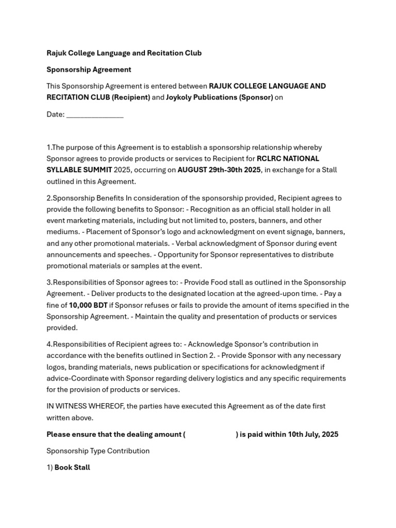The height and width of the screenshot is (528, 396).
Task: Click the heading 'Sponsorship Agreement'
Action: click(x=89, y=70)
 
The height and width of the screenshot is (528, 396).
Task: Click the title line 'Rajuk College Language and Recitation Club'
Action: click(x=124, y=53)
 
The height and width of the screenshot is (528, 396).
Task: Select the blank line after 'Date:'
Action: click(x=95, y=115)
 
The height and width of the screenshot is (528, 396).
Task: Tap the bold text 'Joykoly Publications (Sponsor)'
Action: click(x=219, y=97)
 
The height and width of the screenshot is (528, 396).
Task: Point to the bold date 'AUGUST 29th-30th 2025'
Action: click(x=219, y=170)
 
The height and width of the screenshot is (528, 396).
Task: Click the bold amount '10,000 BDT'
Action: click(x=88, y=305)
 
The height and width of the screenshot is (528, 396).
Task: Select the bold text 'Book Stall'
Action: click(x=72, y=468)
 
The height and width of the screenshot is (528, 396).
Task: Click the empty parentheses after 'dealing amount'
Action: click(x=210, y=435)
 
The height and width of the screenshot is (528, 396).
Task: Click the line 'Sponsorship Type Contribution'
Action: click(x=98, y=451)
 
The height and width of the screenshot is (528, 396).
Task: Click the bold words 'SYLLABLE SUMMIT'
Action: click(x=79, y=170)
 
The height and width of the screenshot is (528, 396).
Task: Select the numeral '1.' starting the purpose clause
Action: click(x=49, y=148)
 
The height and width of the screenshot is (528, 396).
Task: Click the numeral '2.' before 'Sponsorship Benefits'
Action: click(x=49, y=199)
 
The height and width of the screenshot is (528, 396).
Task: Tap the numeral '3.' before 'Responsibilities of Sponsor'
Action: click(x=49, y=283)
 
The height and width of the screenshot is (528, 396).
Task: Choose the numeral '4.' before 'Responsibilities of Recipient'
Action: click(x=49, y=344)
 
